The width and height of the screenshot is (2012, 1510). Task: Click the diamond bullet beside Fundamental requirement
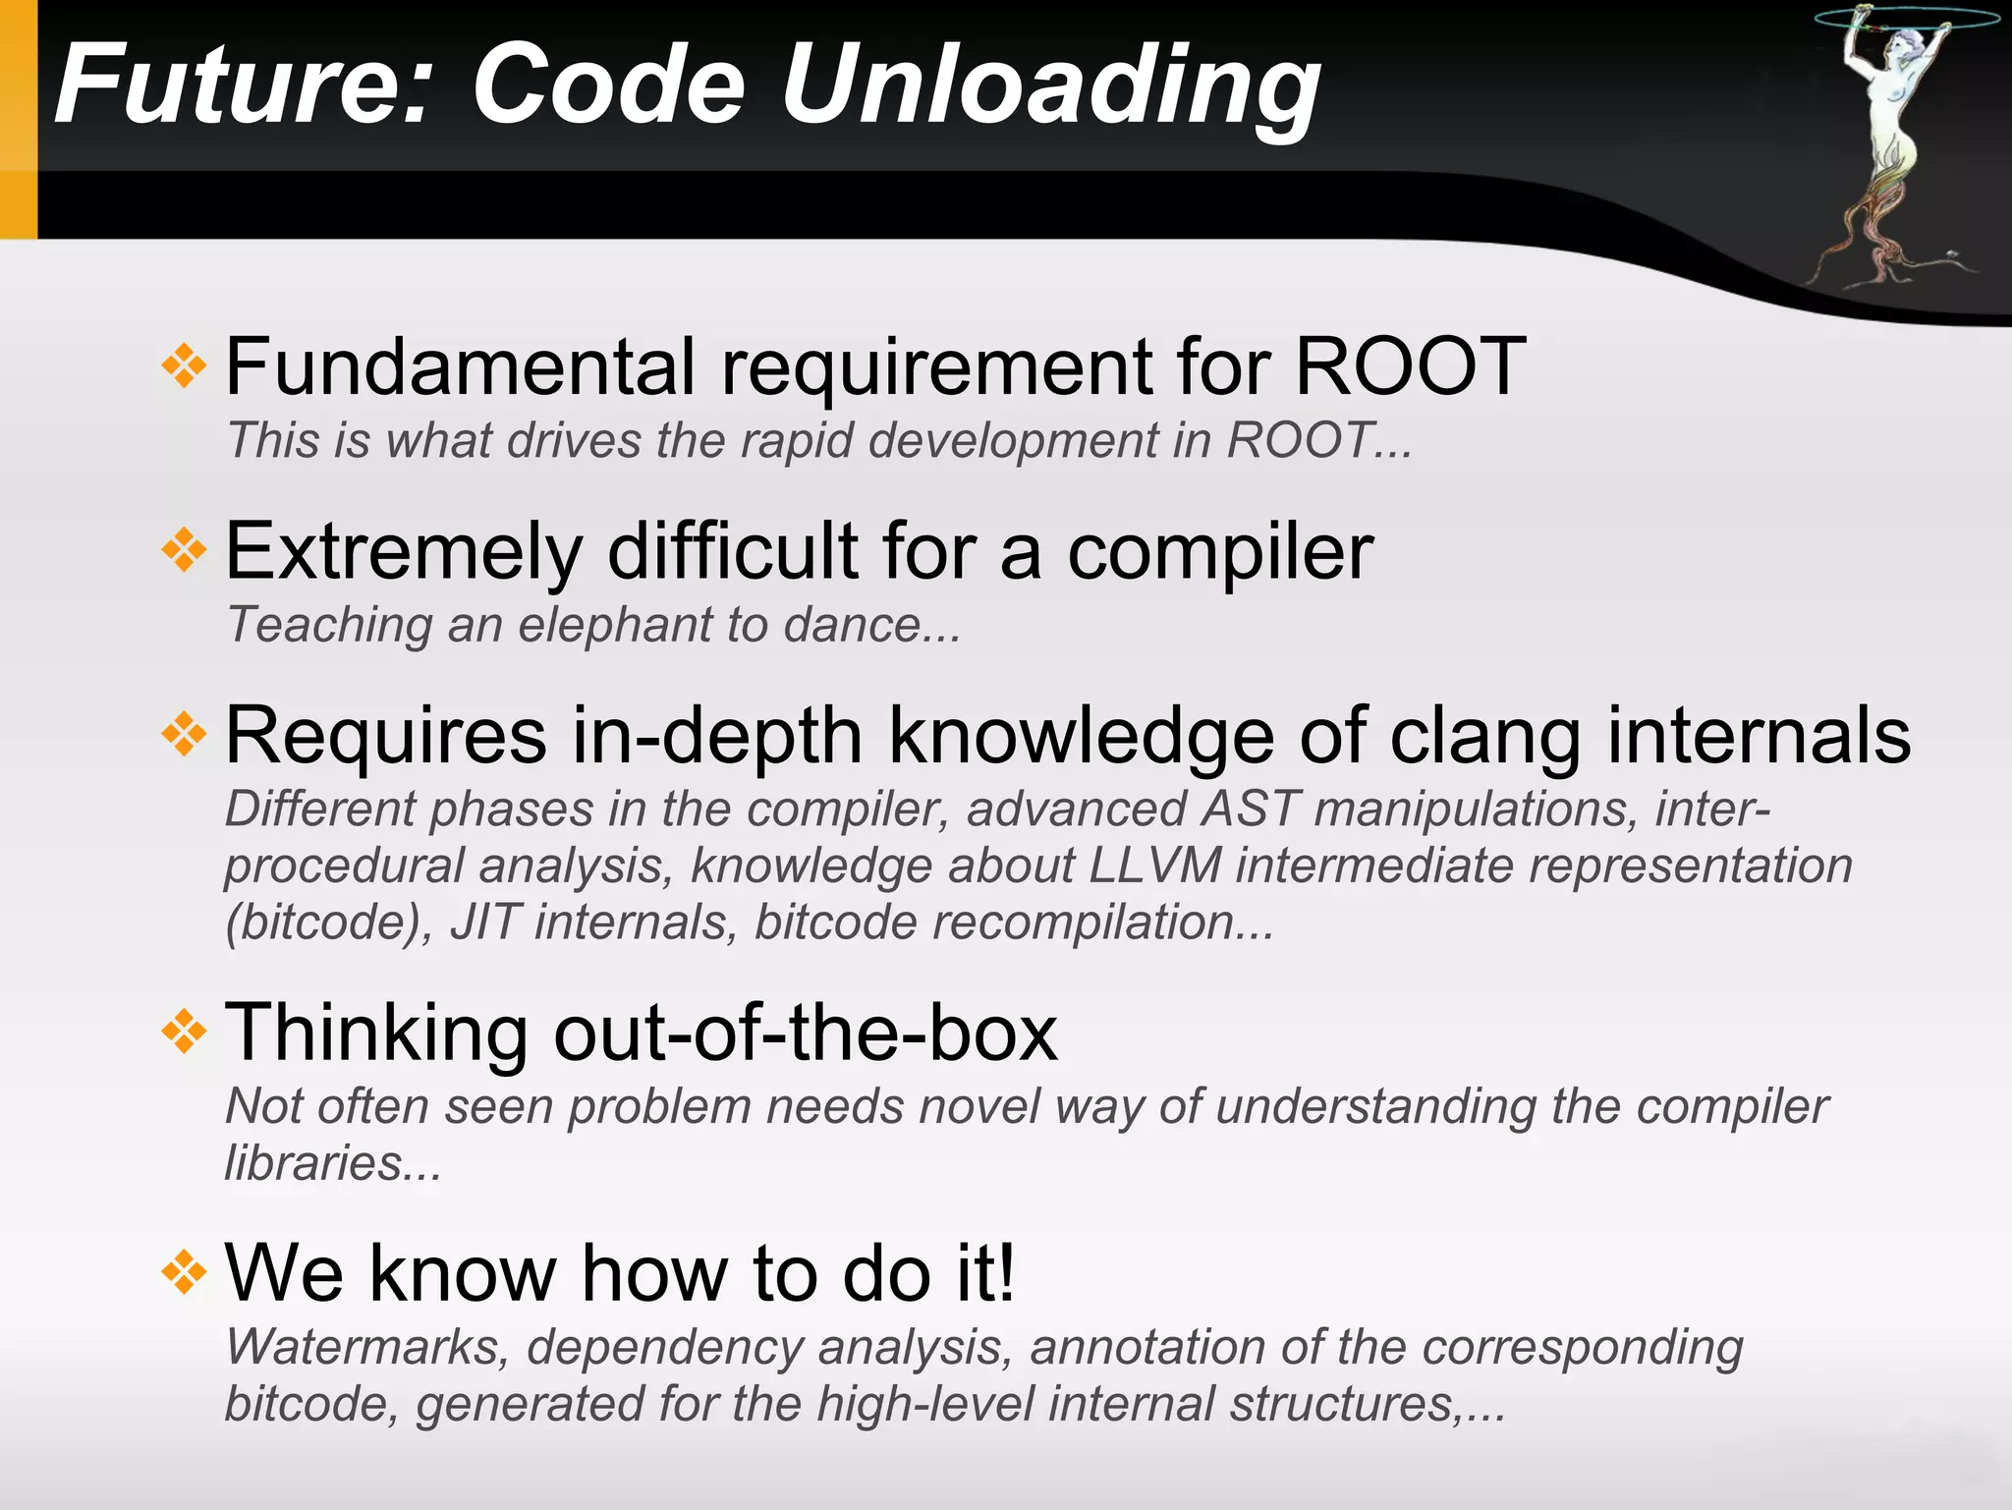point(184,367)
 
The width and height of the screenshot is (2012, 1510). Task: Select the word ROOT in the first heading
point(1410,367)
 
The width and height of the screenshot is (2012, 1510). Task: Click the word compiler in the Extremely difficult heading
point(1219,552)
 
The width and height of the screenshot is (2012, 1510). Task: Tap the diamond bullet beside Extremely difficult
point(184,551)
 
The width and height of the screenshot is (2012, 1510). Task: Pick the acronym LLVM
point(1154,867)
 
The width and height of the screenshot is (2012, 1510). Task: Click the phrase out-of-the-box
point(806,1034)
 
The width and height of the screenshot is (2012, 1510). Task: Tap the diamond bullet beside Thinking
point(184,1033)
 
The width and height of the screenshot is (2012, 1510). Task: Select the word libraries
point(313,1164)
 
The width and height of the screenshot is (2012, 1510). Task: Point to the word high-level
point(924,1404)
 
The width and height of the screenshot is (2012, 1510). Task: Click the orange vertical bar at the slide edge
point(18,118)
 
